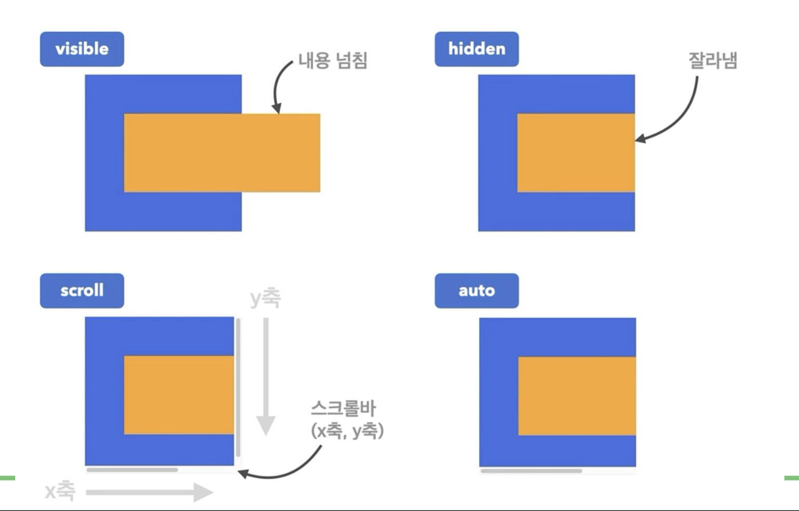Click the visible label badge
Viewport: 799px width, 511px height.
coord(82,50)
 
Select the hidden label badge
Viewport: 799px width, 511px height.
coord(476,50)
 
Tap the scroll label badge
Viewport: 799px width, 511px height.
coord(82,291)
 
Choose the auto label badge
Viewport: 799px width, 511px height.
coord(476,291)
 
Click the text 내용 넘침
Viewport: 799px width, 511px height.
coord(333,62)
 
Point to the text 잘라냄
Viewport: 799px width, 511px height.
coord(713,62)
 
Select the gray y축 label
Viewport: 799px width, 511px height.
coord(264,298)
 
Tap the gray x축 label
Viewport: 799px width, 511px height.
coord(60,491)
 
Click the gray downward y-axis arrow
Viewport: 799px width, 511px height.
coord(265,375)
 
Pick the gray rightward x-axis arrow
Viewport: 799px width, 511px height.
coord(149,491)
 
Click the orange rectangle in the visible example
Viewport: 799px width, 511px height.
coord(222,153)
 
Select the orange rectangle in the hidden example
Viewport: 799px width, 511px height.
coord(575,153)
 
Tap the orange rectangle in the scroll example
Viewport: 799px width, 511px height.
coord(179,395)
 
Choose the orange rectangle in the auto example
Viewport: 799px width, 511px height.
coord(577,396)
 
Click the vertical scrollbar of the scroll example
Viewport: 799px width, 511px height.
coord(238,388)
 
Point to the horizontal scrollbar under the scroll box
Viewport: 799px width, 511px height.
coord(132,470)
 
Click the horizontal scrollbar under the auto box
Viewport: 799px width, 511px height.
coord(531,471)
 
